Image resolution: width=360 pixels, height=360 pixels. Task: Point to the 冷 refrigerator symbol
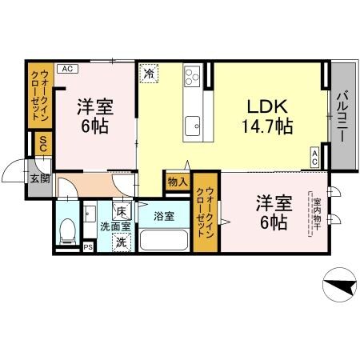pos(150,74)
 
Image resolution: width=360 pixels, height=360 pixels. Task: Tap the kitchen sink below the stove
pos(192,125)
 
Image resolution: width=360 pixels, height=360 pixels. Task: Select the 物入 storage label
pos(178,182)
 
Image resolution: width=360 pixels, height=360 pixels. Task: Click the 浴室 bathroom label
pos(164,215)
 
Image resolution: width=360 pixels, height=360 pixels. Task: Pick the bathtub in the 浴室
pos(165,239)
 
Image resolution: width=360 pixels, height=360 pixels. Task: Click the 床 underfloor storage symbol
pos(121,212)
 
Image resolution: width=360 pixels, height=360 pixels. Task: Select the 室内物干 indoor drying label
pos(317,215)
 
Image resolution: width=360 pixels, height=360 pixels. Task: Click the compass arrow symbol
pos(338,284)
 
